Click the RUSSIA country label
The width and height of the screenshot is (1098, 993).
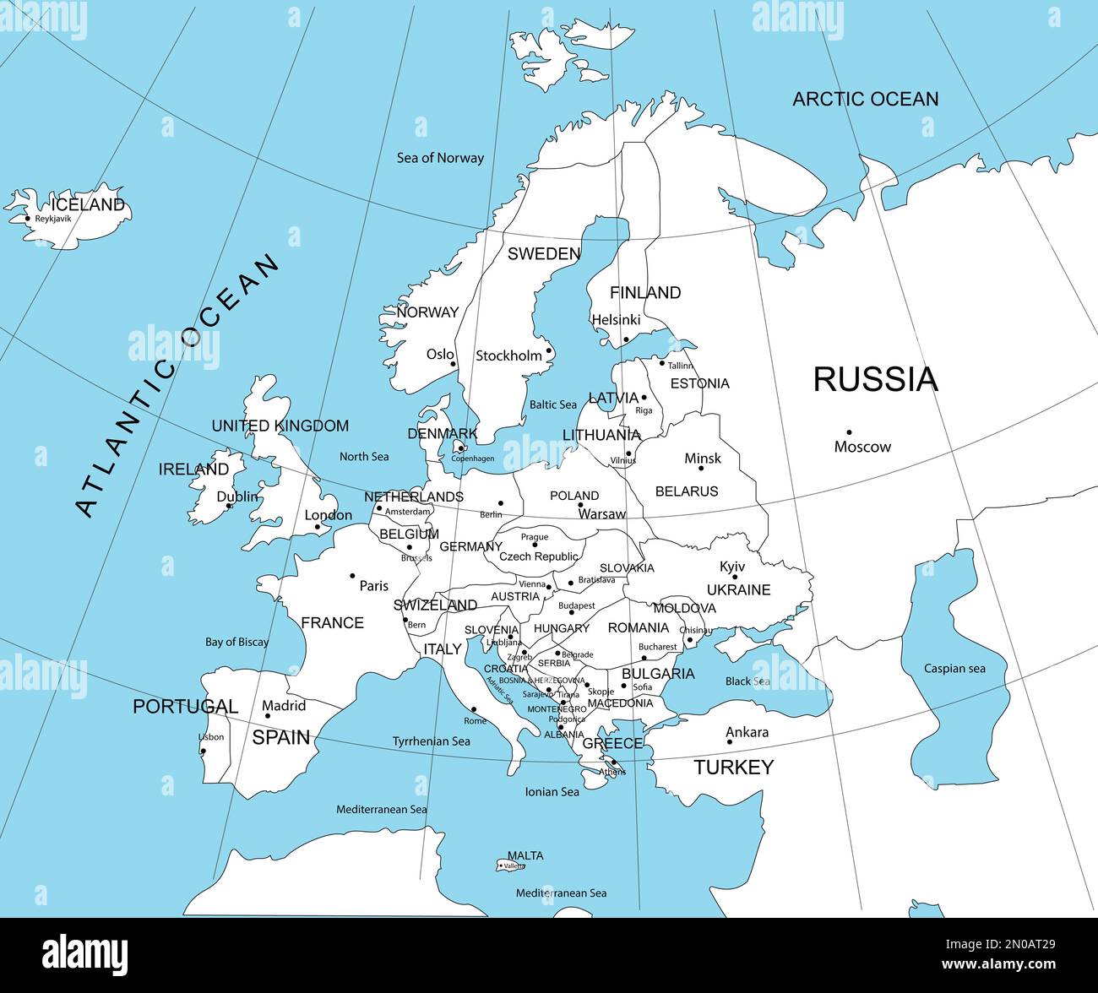coord(875,380)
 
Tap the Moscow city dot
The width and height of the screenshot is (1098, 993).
coord(849,432)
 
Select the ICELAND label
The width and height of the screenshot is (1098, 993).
coord(88,205)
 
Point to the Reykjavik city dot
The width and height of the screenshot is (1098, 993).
coord(28,219)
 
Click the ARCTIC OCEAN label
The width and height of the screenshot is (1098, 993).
coord(865,100)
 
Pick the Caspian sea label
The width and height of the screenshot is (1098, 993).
coord(954,669)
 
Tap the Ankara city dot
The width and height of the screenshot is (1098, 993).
coord(730,742)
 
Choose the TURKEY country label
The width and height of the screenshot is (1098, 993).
coord(733,768)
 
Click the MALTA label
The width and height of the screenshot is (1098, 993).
coord(525,855)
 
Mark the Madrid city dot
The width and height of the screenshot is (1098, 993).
coord(268,716)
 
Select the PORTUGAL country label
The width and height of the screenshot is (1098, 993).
coord(185,707)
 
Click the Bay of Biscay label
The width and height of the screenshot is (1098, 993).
coord(236,642)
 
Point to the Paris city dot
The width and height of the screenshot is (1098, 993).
coord(353,576)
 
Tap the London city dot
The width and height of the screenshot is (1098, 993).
coord(318,527)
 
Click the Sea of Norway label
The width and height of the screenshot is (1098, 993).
coord(440,158)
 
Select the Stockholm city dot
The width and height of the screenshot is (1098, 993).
coord(548,351)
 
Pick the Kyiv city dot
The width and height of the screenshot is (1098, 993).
coord(735,577)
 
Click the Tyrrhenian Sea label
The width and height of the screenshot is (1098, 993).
coord(431,741)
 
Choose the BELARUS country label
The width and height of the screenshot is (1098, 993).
coord(687,491)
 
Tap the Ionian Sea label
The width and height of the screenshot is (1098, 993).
coord(552,792)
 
